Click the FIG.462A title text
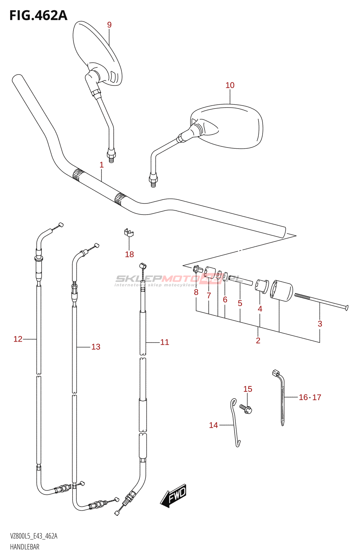coord(38,15)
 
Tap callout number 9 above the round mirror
coord(109,25)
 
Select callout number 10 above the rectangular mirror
coord(230,85)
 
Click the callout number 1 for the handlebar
coord(102,165)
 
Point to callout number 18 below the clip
coord(129,254)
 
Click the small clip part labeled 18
coord(129,232)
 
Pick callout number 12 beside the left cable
coord(18,339)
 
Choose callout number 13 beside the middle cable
coord(96,347)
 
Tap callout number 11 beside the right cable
coord(165,342)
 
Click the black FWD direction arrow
coord(174,496)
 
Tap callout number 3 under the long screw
coord(320,324)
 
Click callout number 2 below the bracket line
coord(258,341)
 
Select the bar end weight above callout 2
coord(282,291)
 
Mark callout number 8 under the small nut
coord(196,292)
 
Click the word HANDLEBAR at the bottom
coord(25,547)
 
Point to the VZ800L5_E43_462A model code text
coord(34,536)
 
